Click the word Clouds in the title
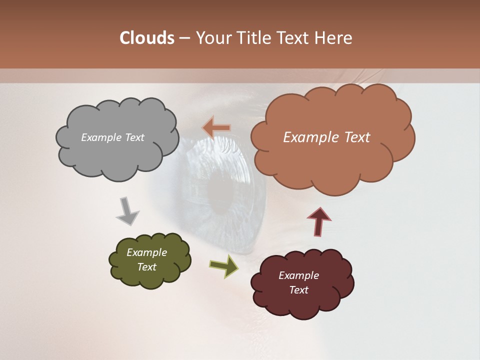[x=147, y=38]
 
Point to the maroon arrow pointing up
[x=319, y=221]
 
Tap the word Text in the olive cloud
[x=146, y=267]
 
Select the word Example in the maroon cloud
[x=298, y=275]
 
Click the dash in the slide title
[x=184, y=38]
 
